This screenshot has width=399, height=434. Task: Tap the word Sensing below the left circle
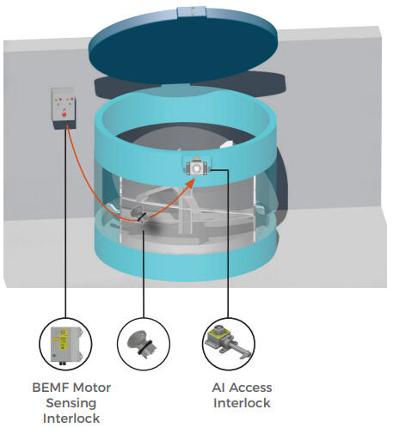tap(71, 403)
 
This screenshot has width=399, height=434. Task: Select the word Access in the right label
tap(250, 388)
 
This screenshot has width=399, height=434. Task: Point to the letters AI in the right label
tap(219, 388)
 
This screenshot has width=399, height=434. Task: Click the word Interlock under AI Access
tap(242, 403)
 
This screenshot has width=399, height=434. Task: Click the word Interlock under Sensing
tap(71, 419)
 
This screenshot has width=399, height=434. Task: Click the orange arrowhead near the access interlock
tap(190, 183)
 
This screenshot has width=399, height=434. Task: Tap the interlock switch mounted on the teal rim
tap(197, 167)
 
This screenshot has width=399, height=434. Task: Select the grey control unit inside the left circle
tap(65, 345)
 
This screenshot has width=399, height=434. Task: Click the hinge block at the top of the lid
tap(191, 11)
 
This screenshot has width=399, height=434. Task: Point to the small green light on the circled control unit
tap(54, 356)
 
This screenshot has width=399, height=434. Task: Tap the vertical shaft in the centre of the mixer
tap(185, 213)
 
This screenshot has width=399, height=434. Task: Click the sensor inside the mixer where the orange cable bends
tap(140, 216)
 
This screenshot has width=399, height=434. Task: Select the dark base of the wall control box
tap(64, 125)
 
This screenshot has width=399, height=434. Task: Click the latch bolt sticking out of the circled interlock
tap(238, 350)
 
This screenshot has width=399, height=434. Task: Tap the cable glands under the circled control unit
tap(62, 364)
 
